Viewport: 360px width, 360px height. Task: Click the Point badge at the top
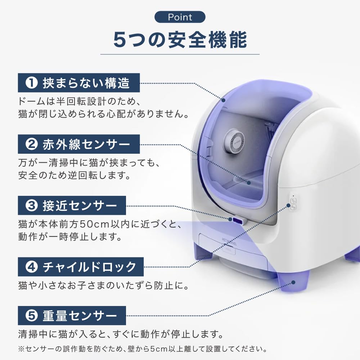coord(180,17)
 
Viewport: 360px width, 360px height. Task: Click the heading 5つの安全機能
coord(180,40)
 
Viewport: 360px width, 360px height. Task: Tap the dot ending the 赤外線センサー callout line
coord(248,183)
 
